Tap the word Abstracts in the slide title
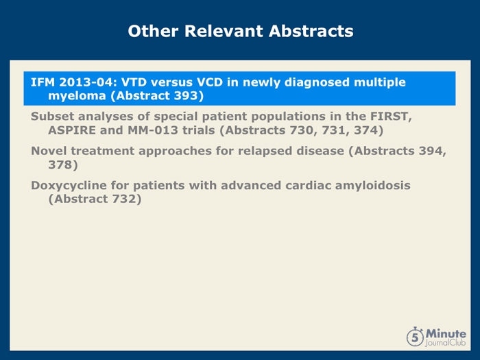(x=311, y=31)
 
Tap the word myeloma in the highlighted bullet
(x=77, y=96)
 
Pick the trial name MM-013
(x=153, y=130)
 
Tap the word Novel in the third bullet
(x=49, y=151)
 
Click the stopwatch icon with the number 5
(x=416, y=337)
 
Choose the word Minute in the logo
(x=446, y=333)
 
